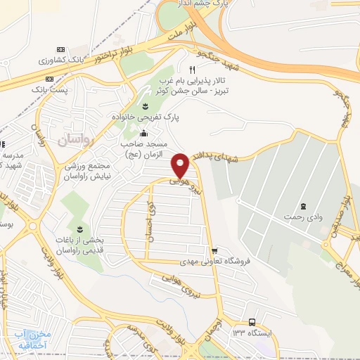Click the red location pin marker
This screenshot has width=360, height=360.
(x=181, y=165)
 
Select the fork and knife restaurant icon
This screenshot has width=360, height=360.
(x=192, y=70)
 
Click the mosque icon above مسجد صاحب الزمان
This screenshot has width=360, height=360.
(x=143, y=134)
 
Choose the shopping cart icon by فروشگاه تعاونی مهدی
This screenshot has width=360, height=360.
(x=214, y=250)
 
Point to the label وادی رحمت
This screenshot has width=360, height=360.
(x=303, y=218)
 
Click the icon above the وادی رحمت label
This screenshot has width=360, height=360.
(x=303, y=206)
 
